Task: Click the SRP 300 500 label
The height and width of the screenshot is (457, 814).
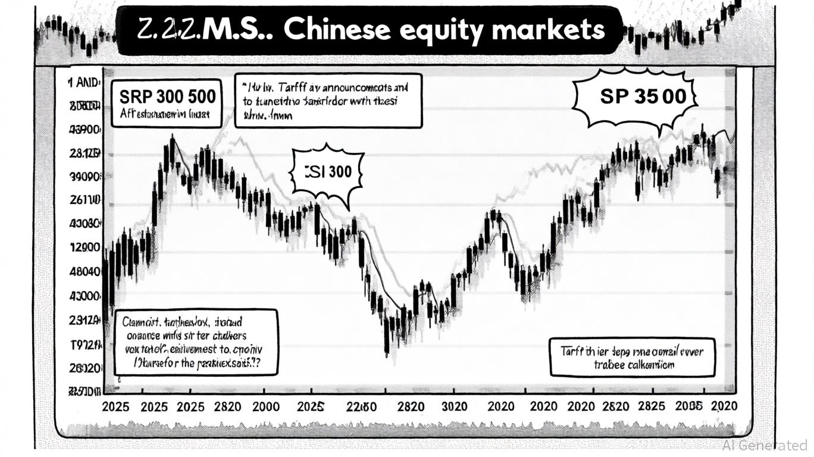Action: click(167, 96)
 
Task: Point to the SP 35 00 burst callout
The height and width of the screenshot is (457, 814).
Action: click(634, 97)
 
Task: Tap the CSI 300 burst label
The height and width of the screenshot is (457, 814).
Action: click(328, 172)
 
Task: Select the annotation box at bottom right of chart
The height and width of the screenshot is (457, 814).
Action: click(631, 357)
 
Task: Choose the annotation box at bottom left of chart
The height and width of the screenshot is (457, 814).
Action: click(195, 342)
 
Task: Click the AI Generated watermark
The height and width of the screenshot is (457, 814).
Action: click(765, 445)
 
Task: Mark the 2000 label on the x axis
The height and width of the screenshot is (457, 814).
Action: click(265, 407)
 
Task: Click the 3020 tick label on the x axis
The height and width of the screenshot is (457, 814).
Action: click(455, 407)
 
